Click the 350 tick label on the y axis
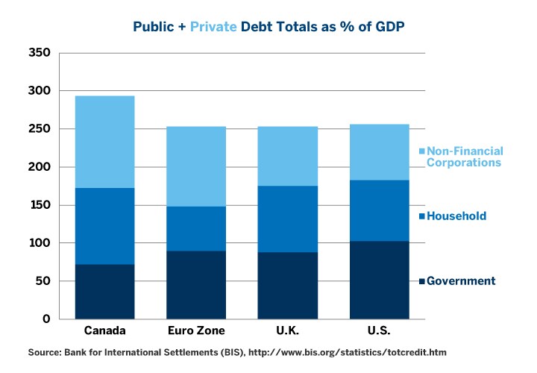(39, 53)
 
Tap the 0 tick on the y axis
(46, 319)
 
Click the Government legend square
(422, 281)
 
